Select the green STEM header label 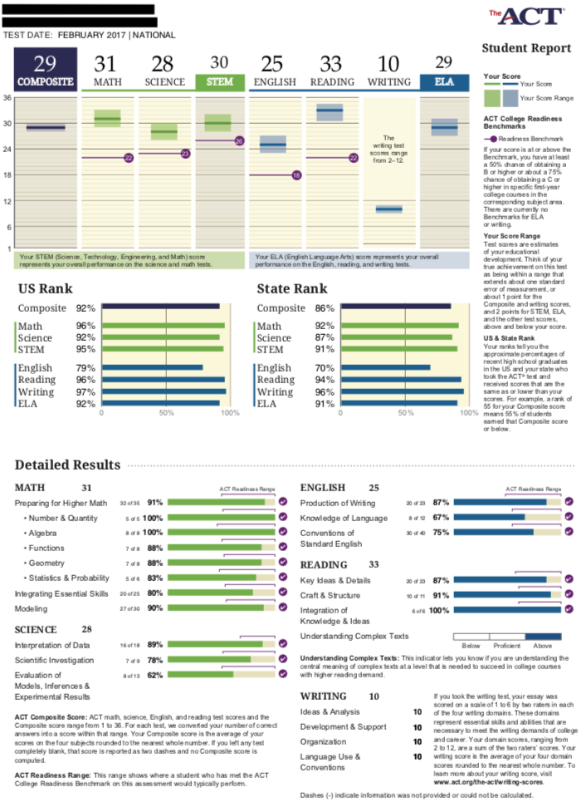pyautogui.click(x=219, y=82)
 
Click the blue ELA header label pyautogui.click(x=443, y=82)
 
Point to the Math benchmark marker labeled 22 pyautogui.click(x=129, y=157)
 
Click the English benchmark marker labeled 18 pyautogui.click(x=296, y=175)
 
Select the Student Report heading pyautogui.click(x=526, y=48)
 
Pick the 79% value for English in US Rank pyautogui.click(x=85, y=368)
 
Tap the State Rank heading pyautogui.click(x=291, y=289)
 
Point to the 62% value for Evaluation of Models pyautogui.click(x=154, y=676)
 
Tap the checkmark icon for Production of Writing pyautogui.click(x=569, y=502)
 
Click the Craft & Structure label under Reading pyautogui.click(x=332, y=595)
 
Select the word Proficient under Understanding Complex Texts pyautogui.click(x=506, y=645)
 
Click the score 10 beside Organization pyautogui.click(x=418, y=741)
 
